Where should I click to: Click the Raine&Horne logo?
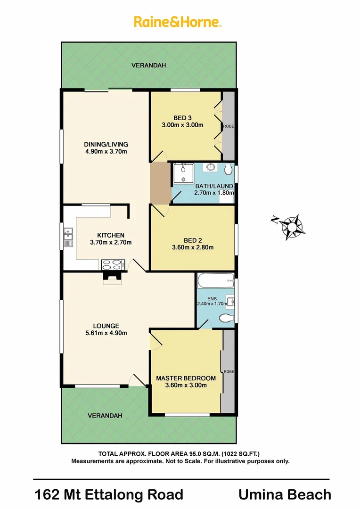(178, 22)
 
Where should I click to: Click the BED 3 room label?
(182, 118)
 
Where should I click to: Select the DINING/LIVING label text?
(106, 144)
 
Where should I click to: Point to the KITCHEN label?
(111, 235)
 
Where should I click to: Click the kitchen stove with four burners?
(112, 264)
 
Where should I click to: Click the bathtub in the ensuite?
(214, 281)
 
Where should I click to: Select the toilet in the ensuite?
(226, 319)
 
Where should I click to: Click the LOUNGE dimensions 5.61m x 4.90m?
(106, 333)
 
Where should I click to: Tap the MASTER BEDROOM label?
(186, 378)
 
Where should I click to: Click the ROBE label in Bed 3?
(229, 126)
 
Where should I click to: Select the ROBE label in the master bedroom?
(228, 371)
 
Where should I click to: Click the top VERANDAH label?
(148, 66)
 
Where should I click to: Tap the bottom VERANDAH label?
(105, 416)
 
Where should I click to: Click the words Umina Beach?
(285, 494)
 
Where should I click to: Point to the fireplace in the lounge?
(112, 279)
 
